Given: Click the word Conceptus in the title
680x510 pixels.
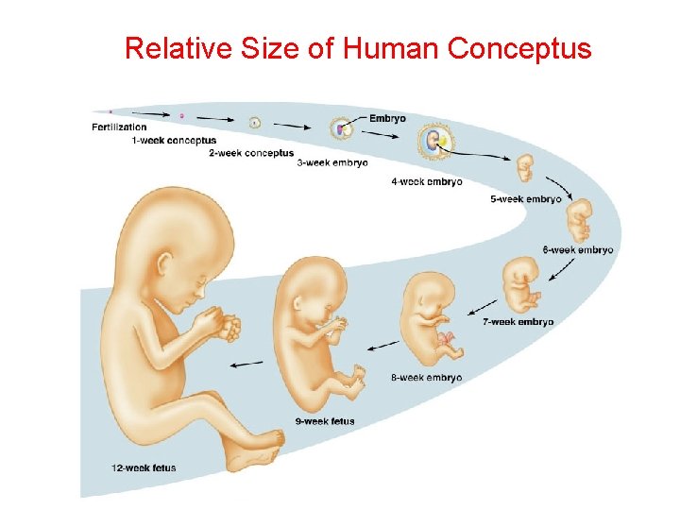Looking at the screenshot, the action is (x=519, y=48).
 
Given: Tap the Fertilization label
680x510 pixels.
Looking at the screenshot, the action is (x=119, y=127).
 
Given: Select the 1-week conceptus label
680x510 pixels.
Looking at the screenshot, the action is (x=174, y=141).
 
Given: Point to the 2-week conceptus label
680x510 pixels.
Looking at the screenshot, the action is (x=251, y=153).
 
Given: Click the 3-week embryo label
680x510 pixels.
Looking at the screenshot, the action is (x=332, y=162).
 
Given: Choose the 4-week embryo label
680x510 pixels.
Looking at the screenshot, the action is (x=427, y=181).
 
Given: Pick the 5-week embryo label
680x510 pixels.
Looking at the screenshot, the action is (x=526, y=199).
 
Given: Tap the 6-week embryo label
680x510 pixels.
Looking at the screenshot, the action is (x=578, y=250).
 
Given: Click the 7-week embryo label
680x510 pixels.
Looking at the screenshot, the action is (x=518, y=322).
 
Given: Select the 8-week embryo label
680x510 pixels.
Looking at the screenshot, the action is (x=427, y=378).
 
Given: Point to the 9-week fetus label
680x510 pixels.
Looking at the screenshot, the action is (x=325, y=421).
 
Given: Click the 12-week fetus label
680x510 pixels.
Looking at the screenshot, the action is (x=144, y=468).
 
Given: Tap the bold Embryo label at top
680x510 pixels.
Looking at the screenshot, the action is (x=387, y=118).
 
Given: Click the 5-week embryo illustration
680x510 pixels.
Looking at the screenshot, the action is (x=525, y=170).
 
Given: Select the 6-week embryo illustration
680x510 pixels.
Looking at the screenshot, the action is (x=578, y=220).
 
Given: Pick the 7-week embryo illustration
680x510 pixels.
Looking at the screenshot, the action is (x=521, y=284).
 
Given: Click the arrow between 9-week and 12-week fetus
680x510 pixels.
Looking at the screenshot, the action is (x=247, y=363).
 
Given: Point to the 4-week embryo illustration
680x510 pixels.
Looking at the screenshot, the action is (x=435, y=143).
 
